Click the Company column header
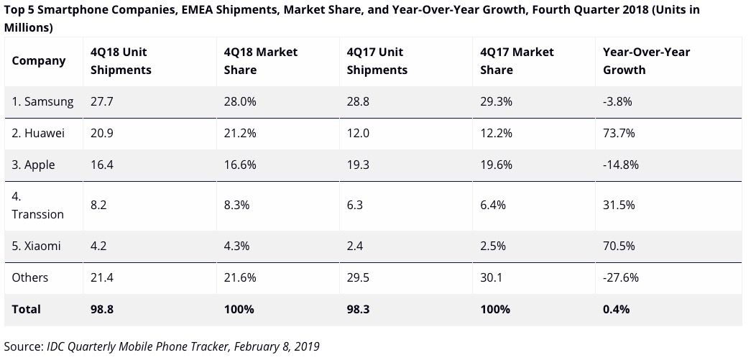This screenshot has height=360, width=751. click(x=39, y=60)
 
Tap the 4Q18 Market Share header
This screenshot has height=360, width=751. click(x=260, y=60)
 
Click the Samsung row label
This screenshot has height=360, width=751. click(x=42, y=101)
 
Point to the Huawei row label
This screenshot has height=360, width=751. click(x=40, y=133)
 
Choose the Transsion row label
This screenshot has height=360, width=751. click(x=37, y=205)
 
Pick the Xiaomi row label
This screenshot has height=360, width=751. click(x=37, y=246)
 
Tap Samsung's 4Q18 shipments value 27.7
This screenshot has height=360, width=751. click(x=101, y=101)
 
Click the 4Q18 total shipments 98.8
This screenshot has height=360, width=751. click(x=101, y=309)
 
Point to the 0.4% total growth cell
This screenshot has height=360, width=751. click(x=617, y=309)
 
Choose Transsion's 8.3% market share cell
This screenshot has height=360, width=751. click(x=237, y=205)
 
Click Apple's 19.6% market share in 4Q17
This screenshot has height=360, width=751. click(x=496, y=165)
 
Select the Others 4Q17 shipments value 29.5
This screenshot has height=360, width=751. click(x=358, y=277)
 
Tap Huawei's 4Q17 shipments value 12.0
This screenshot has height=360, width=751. click(x=358, y=133)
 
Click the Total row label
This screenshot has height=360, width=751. click(x=27, y=309)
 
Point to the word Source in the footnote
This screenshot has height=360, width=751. click(x=22, y=346)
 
